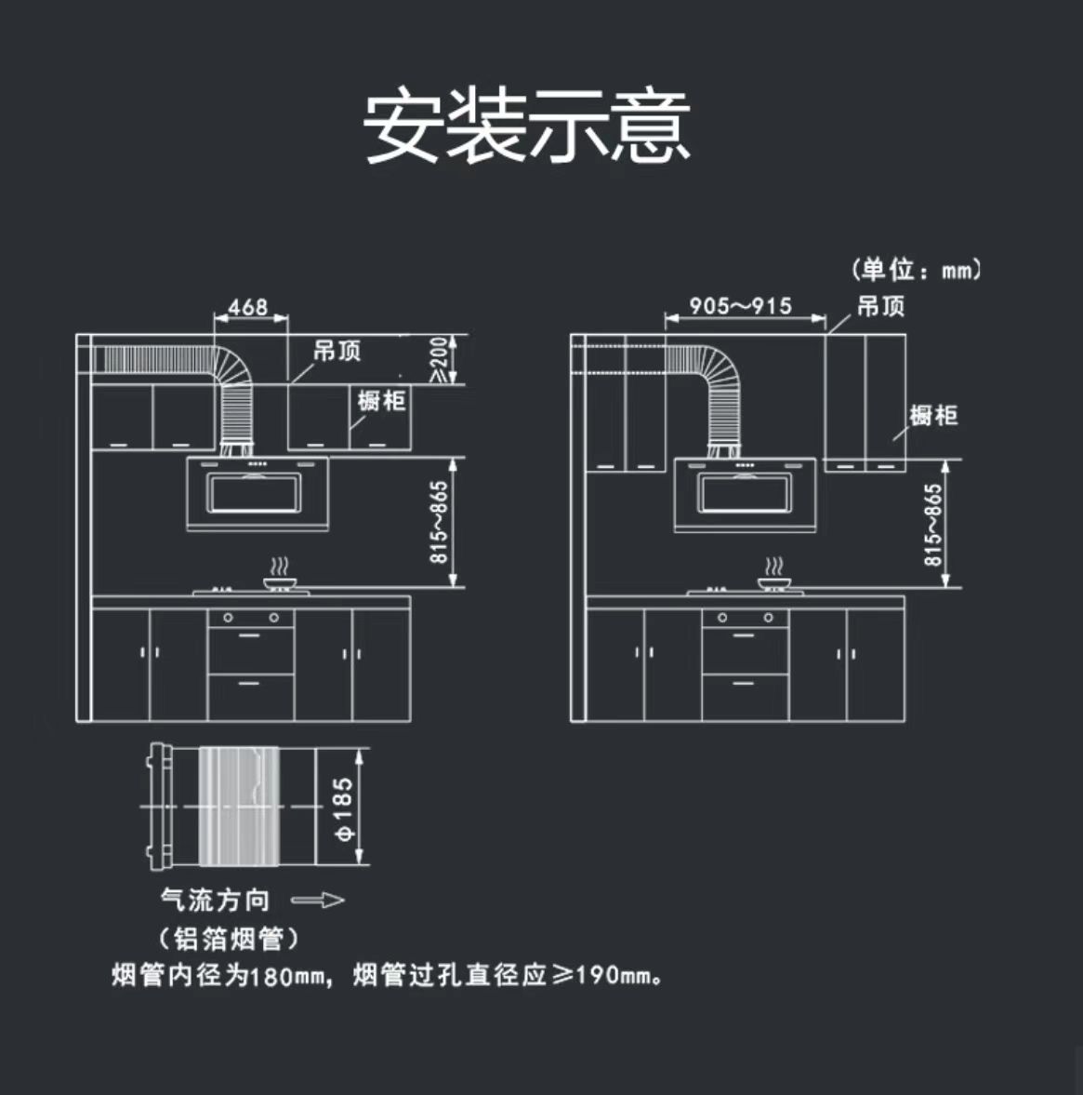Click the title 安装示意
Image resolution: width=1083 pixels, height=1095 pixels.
526,127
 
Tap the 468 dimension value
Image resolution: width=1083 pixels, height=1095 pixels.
248,306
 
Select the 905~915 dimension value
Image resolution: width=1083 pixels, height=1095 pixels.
740,306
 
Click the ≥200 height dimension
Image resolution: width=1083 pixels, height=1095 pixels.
440,359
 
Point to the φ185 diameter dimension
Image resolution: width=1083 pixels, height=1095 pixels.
343,808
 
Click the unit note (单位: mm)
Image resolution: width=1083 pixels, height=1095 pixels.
916,271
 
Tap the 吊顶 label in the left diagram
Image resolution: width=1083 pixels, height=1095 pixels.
337,352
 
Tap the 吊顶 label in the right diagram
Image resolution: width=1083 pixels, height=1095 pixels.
880,306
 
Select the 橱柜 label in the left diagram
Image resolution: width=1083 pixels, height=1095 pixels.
382,400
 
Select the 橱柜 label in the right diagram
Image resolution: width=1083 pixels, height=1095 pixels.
933,415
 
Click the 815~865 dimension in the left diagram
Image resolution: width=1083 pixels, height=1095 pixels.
440,522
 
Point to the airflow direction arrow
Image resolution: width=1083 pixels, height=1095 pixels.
318,900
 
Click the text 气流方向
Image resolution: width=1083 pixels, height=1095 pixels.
216,900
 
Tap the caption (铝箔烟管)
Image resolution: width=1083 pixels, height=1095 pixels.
229,939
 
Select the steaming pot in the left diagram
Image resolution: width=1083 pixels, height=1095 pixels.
278,579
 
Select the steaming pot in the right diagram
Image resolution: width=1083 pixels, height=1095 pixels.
773,579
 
